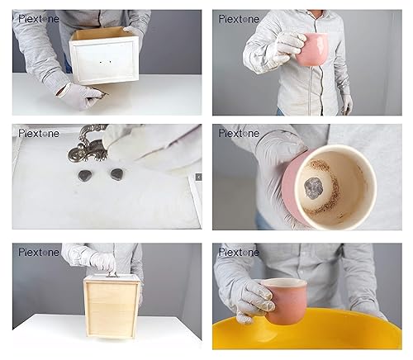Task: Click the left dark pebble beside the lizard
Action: pyautogui.click(x=84, y=175)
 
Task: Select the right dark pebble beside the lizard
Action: pyautogui.click(x=116, y=174)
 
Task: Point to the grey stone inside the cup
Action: pyautogui.click(x=314, y=188)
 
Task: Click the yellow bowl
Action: pyautogui.click(x=306, y=329)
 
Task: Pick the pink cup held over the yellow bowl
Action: pyautogui.click(x=287, y=301)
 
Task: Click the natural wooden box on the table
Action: pyautogui.click(x=112, y=306)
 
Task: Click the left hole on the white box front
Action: pyautogui.click(x=101, y=63)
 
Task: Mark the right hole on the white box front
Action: pyautogui.click(x=111, y=62)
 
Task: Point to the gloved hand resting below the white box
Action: pyautogui.click(x=82, y=96)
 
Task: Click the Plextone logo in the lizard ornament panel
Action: pyautogui.click(x=39, y=134)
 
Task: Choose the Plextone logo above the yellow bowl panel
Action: pyautogui.click(x=239, y=252)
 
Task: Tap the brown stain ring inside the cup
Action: pyautogui.click(x=323, y=187)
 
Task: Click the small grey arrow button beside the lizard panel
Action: pyautogui.click(x=199, y=177)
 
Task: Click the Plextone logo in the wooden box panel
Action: pyautogui.click(x=39, y=252)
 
